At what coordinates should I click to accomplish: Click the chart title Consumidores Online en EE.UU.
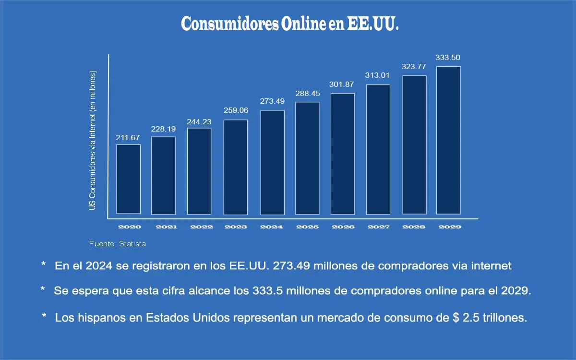290,24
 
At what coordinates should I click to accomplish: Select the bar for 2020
129,179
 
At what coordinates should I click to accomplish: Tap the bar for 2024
272,162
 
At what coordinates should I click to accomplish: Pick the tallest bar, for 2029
448,140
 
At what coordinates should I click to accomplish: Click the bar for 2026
343,154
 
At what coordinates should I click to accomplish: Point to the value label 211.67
128,138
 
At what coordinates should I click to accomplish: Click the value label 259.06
236,110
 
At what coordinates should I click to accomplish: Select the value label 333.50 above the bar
448,58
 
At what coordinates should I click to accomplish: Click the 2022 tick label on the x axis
201,227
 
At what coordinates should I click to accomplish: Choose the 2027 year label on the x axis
379,227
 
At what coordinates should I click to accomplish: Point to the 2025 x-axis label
307,227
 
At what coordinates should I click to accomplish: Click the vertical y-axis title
93,140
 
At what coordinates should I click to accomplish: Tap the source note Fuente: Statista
118,244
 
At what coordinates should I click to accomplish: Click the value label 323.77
414,67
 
